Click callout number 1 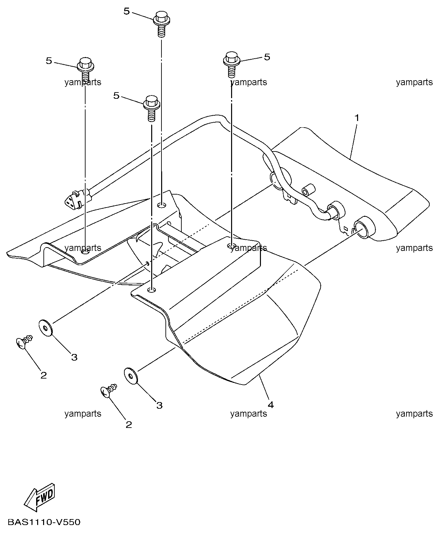[x=357, y=118]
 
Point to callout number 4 [x=271, y=405]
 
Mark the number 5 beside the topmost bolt [x=127, y=11]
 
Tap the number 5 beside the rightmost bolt [x=267, y=57]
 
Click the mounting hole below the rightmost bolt [x=232, y=246]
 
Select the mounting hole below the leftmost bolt [x=85, y=252]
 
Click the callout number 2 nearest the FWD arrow [x=43, y=375]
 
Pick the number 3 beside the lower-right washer [x=159, y=405]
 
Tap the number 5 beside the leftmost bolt [x=49, y=61]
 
